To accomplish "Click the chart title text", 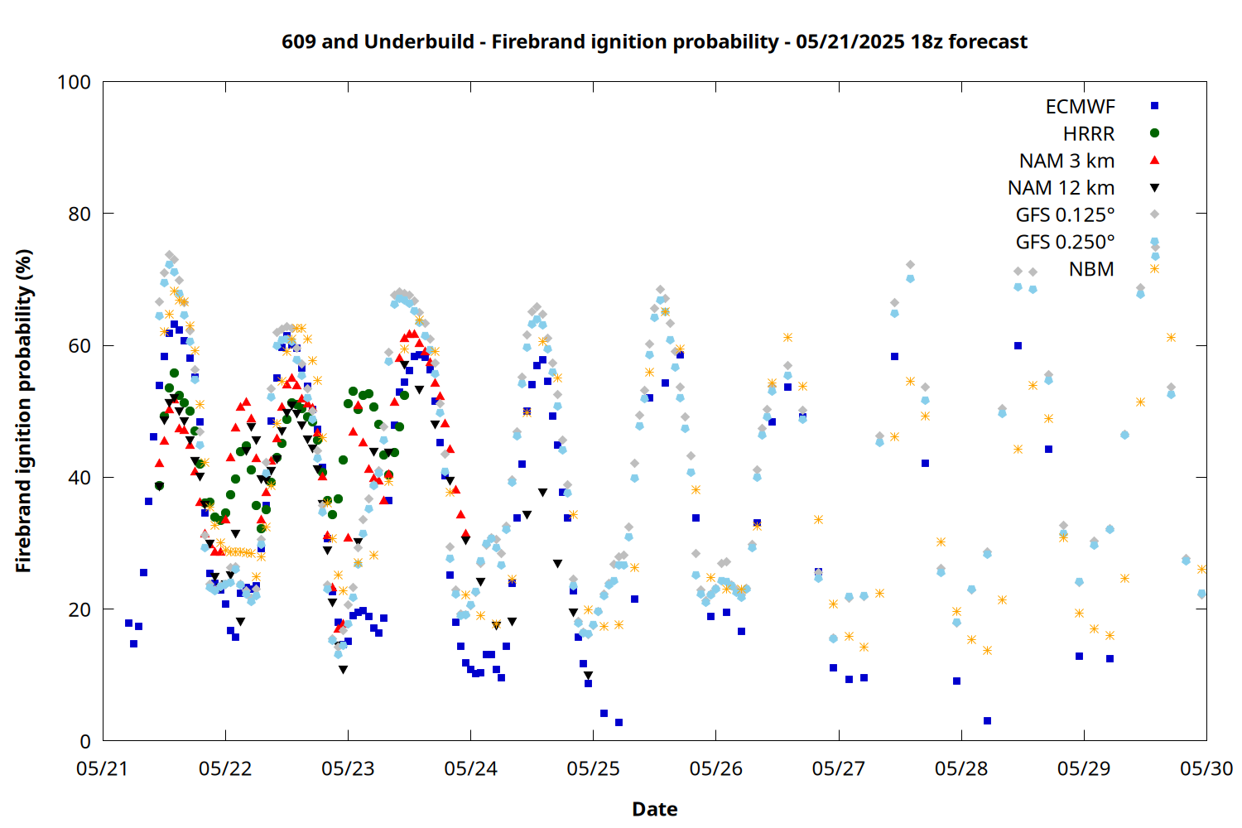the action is [x=654, y=42].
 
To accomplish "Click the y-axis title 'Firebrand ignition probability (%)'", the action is [x=23, y=411].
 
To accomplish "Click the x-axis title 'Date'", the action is [x=655, y=809].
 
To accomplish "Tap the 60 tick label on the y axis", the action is [x=79, y=345].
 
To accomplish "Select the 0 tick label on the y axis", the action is [x=85, y=741].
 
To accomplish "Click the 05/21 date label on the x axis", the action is [x=102, y=768].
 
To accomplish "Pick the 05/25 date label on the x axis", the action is [x=593, y=768].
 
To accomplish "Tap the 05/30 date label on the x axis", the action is [x=1206, y=768].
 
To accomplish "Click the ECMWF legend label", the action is [x=1080, y=107].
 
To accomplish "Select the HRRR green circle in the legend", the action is [x=1154, y=133].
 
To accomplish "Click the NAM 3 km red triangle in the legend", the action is [x=1154, y=161].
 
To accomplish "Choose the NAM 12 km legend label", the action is [x=1061, y=188].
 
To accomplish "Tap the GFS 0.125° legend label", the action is [x=1065, y=215].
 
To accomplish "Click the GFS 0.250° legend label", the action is [x=1065, y=243].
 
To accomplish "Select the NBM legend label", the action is [x=1091, y=269].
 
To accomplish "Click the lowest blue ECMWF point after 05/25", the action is [x=619, y=722].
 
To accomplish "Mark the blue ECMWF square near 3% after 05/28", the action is [x=987, y=720].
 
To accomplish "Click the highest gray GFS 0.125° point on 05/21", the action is [x=169, y=254].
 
